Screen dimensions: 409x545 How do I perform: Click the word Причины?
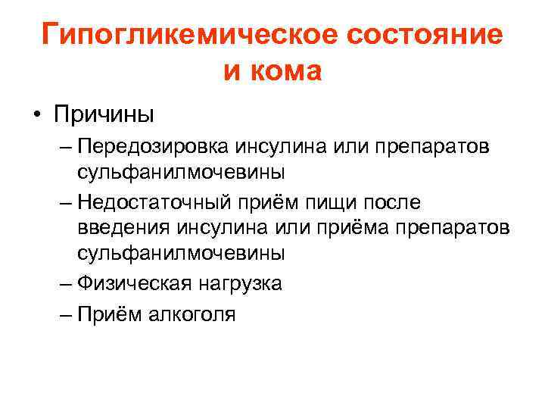tap(104, 116)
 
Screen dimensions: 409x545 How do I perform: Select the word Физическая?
tap(132, 285)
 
